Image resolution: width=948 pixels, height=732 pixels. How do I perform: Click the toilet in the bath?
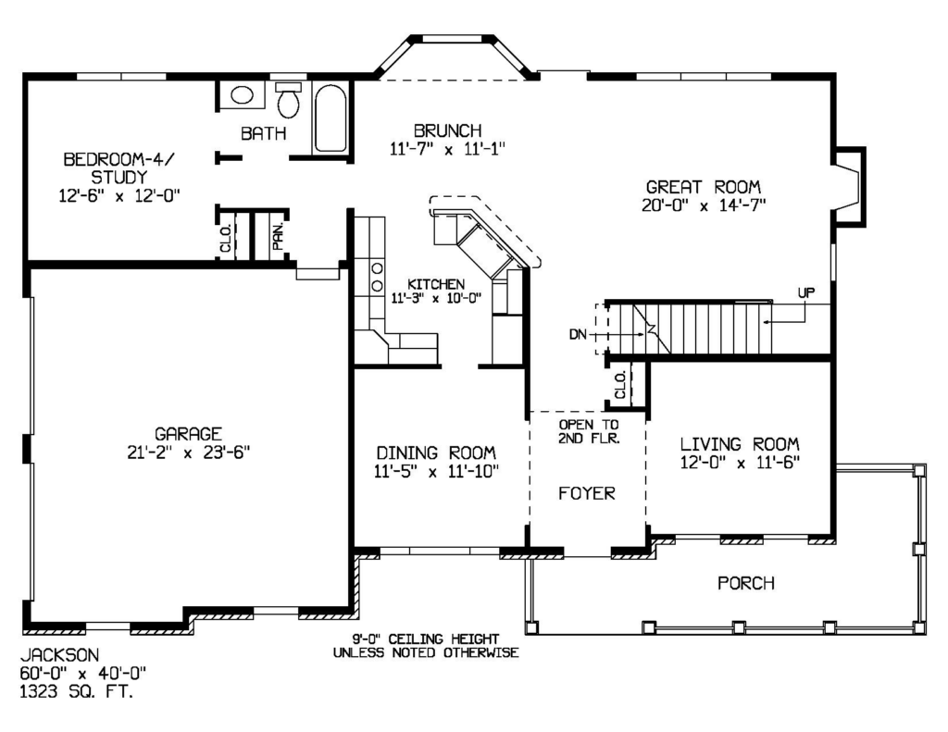click(289, 100)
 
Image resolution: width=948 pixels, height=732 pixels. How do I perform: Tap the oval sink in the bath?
click(242, 95)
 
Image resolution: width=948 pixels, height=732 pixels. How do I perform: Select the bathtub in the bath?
click(331, 118)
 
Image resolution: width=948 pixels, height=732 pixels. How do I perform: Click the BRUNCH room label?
click(448, 130)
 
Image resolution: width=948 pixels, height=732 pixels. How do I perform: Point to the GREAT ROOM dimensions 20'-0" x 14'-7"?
click(704, 205)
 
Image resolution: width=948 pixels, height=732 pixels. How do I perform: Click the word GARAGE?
click(188, 434)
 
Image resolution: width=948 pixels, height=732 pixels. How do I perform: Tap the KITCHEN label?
click(436, 284)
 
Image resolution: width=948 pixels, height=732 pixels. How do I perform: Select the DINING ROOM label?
click(436, 453)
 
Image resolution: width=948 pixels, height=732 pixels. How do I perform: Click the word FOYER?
click(586, 493)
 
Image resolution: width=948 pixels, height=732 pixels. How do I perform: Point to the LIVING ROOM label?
click(740, 444)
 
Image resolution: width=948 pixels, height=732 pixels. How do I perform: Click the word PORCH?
click(745, 583)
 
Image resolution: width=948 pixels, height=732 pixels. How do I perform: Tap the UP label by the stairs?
click(806, 293)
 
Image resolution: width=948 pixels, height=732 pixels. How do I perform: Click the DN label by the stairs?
click(578, 334)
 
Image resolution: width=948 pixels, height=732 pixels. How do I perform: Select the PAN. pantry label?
click(278, 236)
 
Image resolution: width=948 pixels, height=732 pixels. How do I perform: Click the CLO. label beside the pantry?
click(226, 238)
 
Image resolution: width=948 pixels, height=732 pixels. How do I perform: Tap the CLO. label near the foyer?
click(620, 385)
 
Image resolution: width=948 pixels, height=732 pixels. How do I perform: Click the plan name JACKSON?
click(60, 654)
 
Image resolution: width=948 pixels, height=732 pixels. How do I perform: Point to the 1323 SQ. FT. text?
click(77, 691)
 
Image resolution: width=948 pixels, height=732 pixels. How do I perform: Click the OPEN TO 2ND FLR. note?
click(588, 431)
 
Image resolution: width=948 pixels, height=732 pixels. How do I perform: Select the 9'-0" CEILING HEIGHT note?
click(426, 639)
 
